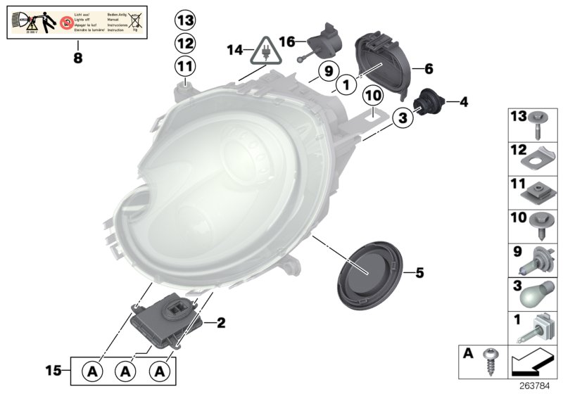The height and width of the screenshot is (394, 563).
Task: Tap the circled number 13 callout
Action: click(184, 20)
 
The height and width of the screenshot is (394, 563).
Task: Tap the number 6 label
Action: click(428, 69)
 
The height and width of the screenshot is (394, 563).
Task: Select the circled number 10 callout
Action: click(372, 95)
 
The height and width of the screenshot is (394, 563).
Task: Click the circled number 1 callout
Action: click(346, 86)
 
